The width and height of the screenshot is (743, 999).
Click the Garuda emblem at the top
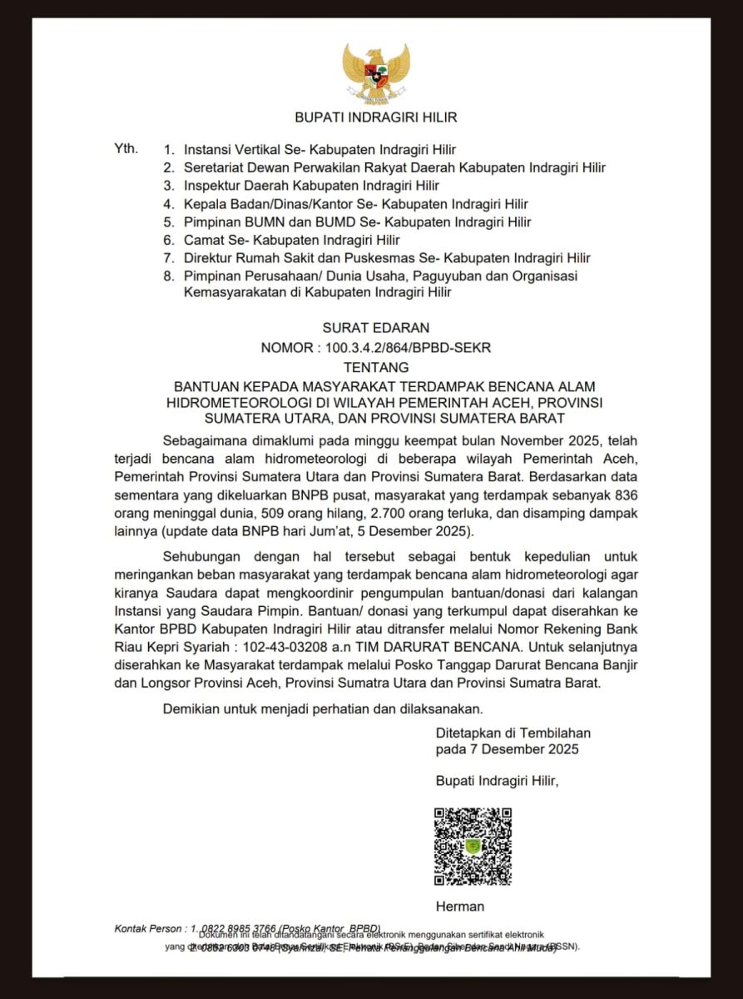pos(376,73)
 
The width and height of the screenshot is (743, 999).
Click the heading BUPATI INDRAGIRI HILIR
pos(376,117)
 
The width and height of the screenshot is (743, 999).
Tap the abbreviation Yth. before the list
pos(126,150)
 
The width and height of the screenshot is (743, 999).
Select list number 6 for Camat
pos(168,240)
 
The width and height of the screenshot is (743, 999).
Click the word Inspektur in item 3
pos(211,186)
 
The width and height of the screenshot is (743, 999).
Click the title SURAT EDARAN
pos(376,328)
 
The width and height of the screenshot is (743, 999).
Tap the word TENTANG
pos(376,366)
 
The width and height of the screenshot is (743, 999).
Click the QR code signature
pos(473,846)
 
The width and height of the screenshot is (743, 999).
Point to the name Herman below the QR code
pos(459,906)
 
